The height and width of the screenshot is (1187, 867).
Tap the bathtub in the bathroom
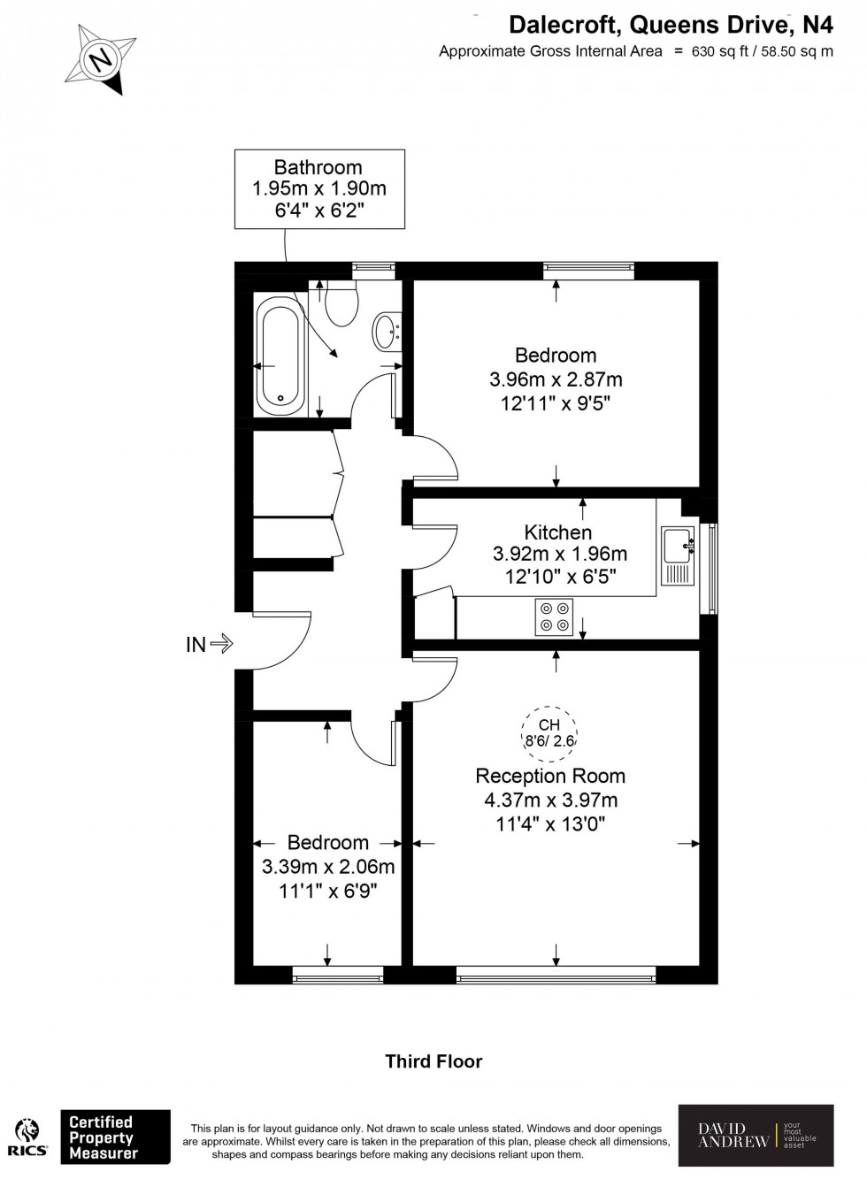point(281,356)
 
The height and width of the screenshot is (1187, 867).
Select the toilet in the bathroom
point(341,303)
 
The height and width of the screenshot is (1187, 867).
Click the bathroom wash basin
point(387,332)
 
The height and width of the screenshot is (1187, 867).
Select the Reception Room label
point(550,776)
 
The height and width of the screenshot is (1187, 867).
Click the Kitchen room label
point(558,532)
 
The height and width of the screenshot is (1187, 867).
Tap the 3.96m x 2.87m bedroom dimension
point(556,379)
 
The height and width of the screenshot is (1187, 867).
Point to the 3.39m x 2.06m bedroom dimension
point(328,867)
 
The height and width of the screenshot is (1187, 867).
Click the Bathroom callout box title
point(318,167)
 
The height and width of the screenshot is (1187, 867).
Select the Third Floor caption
point(433,1061)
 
